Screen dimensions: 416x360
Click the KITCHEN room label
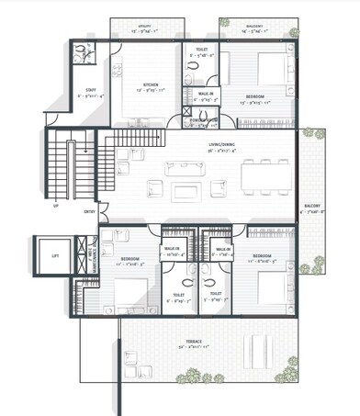point(125,84)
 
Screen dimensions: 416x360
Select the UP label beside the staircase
point(56,207)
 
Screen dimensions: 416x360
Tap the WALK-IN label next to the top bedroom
point(204,94)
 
